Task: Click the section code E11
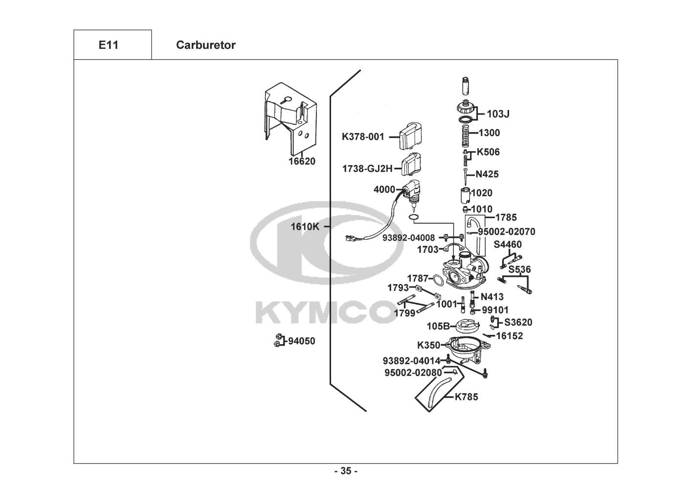108,45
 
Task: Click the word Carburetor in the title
205,45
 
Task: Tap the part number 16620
302,161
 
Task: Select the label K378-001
363,136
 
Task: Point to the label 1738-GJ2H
367,169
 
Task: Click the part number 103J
498,114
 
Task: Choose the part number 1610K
305,226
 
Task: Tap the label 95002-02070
506,231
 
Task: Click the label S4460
508,244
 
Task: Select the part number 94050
301,341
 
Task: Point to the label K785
466,397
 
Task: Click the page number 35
346,471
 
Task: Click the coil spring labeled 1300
468,133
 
